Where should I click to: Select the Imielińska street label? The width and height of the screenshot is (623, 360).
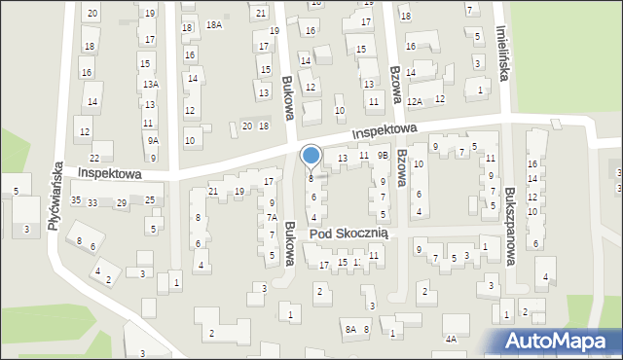coord(502,52)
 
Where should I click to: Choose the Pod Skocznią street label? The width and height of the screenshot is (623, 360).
coord(349,234)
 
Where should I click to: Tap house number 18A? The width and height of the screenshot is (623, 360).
coord(214,25)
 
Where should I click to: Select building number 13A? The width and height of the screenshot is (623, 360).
coord(150,85)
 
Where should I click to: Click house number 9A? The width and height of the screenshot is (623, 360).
coord(153,141)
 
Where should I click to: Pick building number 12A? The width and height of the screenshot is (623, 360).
coord(415,101)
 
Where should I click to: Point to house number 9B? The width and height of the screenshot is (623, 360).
coord(384,155)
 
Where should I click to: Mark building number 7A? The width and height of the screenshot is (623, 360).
coord(273,218)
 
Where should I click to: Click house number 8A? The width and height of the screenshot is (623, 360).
coord(349,330)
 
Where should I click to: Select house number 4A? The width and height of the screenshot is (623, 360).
coord(451,339)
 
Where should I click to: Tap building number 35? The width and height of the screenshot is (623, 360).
coord(76,200)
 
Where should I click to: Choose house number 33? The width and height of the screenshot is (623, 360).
coord(92,202)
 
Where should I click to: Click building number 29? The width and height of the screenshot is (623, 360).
coord(122,202)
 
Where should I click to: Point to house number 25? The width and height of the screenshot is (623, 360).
coord(150,200)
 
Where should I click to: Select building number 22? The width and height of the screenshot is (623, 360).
coord(94,158)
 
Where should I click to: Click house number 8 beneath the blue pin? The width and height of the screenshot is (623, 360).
coord(311,178)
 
